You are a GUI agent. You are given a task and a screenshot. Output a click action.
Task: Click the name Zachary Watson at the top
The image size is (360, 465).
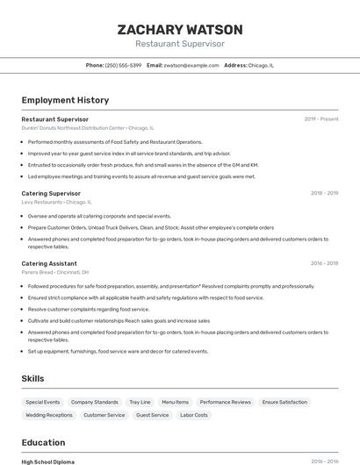(179, 29)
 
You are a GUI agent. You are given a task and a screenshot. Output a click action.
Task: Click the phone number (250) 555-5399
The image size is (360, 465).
(123, 65)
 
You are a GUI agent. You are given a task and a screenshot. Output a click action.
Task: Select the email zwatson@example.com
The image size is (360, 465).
(191, 65)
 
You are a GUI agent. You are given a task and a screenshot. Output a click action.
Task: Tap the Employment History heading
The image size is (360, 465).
(65, 100)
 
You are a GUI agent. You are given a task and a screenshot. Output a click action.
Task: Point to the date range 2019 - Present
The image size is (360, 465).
(320, 119)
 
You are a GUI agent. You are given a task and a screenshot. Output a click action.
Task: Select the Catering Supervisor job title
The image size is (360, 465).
(51, 193)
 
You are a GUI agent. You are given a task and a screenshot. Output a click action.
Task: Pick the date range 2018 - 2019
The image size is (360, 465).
(324, 193)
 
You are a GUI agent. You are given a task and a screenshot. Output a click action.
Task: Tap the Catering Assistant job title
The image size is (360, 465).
(49, 263)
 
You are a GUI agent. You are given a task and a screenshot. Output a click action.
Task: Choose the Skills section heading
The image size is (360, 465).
(33, 378)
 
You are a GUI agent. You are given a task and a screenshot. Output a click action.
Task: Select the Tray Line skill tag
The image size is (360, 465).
(140, 402)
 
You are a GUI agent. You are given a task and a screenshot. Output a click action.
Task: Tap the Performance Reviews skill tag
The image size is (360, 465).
(225, 402)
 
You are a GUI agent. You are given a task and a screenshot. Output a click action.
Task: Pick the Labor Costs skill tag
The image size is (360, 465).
(193, 415)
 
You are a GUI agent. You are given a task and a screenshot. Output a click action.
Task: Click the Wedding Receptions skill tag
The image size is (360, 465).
(49, 415)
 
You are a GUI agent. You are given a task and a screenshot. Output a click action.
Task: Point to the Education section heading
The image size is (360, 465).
(43, 442)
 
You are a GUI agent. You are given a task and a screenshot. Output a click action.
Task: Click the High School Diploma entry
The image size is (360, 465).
(48, 461)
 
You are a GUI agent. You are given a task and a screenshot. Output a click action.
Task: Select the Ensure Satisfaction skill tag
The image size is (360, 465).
(284, 402)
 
